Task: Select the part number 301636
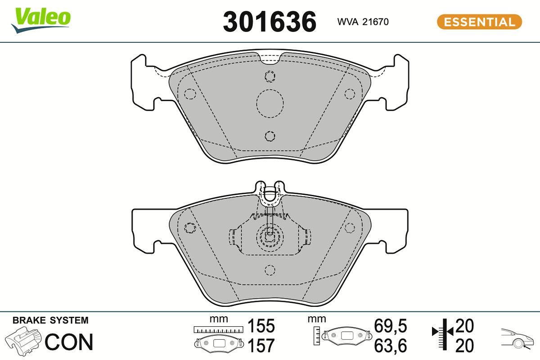270,22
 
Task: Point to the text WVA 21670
363,22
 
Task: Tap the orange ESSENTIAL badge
479,22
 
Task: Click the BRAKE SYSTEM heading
50,320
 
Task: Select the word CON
69,342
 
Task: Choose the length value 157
261,346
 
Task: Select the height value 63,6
391,346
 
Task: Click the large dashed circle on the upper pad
270,103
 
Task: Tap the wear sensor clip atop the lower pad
270,191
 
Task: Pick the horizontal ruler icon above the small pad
219,330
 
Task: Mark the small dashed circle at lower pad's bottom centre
270,270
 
